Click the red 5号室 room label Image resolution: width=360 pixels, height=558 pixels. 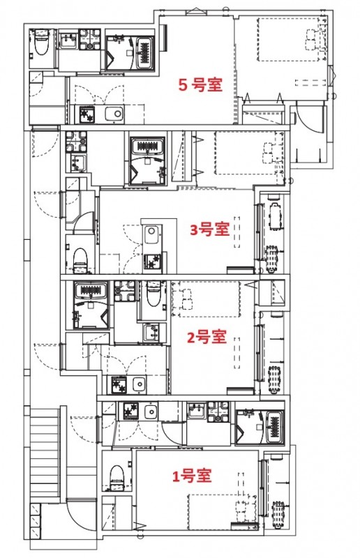[200, 85]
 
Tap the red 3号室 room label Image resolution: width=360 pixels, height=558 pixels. [210, 229]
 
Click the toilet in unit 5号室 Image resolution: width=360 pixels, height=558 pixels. [40, 43]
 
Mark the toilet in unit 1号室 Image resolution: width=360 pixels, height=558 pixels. [117, 477]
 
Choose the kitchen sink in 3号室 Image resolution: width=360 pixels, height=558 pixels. [151, 234]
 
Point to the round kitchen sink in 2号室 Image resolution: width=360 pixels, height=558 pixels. [139, 384]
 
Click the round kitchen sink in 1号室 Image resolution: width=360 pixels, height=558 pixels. [151, 412]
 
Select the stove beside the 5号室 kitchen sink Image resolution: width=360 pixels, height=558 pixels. [87, 113]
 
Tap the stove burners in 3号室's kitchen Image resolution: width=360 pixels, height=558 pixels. [151, 262]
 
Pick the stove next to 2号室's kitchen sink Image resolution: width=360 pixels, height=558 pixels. [117, 384]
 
